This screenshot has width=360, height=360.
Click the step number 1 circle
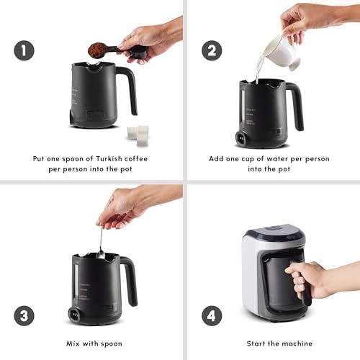coord(24,50)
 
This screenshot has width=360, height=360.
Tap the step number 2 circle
coord(212,50)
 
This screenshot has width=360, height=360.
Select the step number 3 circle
coord(24,315)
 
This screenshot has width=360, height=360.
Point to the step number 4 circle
coord(212,315)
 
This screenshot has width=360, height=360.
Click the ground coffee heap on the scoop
coord(97,50)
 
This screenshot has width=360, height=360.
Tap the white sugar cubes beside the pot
coord(138,135)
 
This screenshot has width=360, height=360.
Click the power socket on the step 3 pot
coord(73,314)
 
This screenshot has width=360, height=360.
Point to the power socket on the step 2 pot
coord(241,138)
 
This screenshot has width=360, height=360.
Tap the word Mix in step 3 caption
coord(73,343)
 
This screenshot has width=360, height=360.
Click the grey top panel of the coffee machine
coord(276,230)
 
